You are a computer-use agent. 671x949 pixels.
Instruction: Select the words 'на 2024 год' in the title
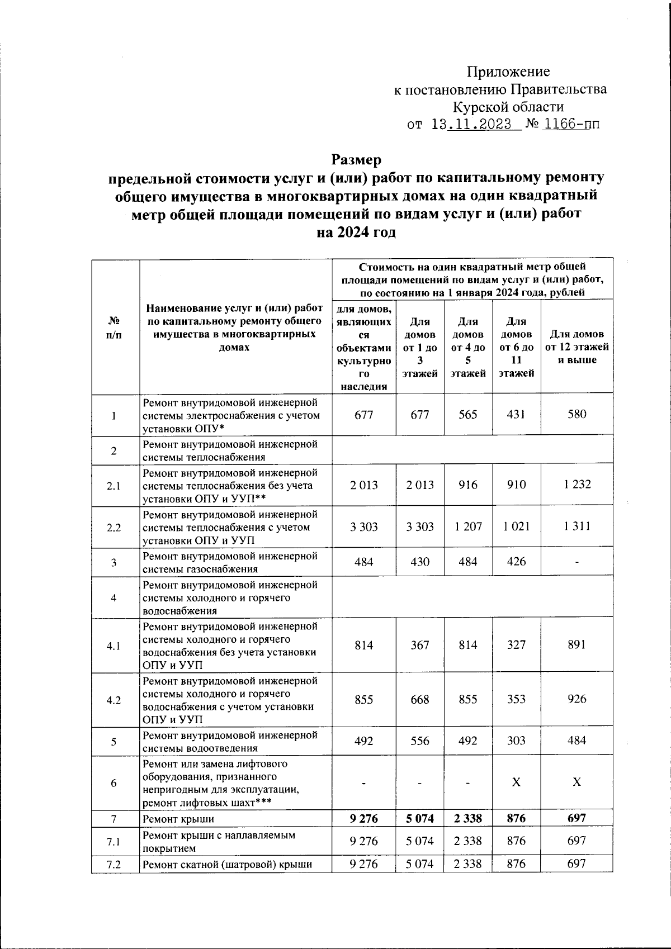pyautogui.click(x=356, y=232)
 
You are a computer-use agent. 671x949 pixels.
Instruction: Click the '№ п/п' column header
pyautogui.click(x=114, y=328)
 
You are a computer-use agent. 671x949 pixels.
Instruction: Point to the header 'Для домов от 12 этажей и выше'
pyautogui.click(x=577, y=347)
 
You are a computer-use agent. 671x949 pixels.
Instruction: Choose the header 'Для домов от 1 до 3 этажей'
pyautogui.click(x=420, y=347)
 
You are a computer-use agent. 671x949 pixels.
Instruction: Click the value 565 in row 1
pyautogui.click(x=468, y=415)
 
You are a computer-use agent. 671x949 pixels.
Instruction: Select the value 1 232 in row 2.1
pyautogui.click(x=577, y=485)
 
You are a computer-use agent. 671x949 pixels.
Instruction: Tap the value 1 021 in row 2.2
pyautogui.click(x=516, y=526)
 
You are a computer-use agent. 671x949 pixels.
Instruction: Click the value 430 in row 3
pyautogui.click(x=420, y=562)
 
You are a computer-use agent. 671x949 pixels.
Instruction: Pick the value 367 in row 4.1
pyautogui.click(x=420, y=645)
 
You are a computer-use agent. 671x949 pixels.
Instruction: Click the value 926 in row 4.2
pyautogui.click(x=577, y=699)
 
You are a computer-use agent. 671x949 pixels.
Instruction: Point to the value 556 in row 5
pyautogui.click(x=420, y=741)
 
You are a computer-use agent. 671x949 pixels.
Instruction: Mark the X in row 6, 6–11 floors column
pyautogui.click(x=516, y=782)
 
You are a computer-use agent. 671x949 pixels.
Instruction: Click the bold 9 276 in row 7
pyautogui.click(x=363, y=818)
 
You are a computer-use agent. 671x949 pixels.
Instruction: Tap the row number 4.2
pyautogui.click(x=114, y=700)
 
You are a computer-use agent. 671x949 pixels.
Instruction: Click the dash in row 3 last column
pyautogui.click(x=577, y=562)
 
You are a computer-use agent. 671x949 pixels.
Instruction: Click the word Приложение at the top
pyautogui.click(x=508, y=72)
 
